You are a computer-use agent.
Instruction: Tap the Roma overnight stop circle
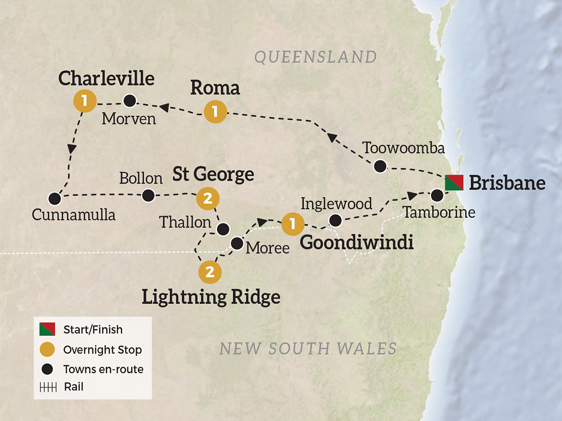tap(215, 112)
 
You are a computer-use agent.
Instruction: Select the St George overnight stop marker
tap(208, 199)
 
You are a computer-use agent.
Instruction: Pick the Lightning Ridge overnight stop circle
tap(209, 272)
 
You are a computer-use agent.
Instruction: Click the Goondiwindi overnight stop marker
tap(293, 224)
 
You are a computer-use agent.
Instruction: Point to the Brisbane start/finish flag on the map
tap(454, 182)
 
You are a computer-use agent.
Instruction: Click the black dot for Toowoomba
tap(380, 166)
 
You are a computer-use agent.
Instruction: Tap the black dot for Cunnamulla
tap(55, 198)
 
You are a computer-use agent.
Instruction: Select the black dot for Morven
tap(129, 100)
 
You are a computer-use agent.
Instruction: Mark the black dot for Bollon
tap(148, 196)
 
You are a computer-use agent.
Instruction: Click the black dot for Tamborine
tap(436, 195)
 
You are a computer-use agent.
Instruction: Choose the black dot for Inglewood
tap(335, 220)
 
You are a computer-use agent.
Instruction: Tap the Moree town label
tap(267, 247)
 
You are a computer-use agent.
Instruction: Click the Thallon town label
tap(185, 222)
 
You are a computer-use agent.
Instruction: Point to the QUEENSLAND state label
tap(315, 57)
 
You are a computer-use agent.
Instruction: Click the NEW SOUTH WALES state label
tap(308, 348)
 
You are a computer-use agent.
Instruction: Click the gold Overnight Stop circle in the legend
tap(48, 349)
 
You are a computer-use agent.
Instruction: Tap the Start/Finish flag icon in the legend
tap(48, 329)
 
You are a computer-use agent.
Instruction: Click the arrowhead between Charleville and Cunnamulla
tap(72, 149)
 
